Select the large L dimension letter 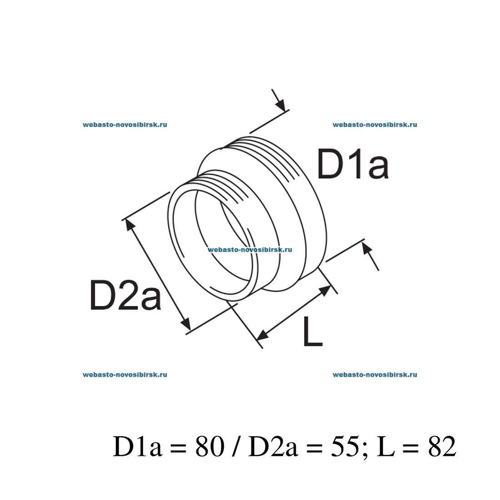coord(312,332)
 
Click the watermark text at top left coord(125,125)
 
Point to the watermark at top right coord(375,125)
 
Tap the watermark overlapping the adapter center coord(250,250)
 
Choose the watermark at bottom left coord(125,375)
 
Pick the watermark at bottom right coord(375,375)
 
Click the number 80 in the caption coord(210,448)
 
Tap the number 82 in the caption coord(441,448)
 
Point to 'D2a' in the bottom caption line coord(273,448)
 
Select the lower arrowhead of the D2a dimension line coord(186,325)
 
